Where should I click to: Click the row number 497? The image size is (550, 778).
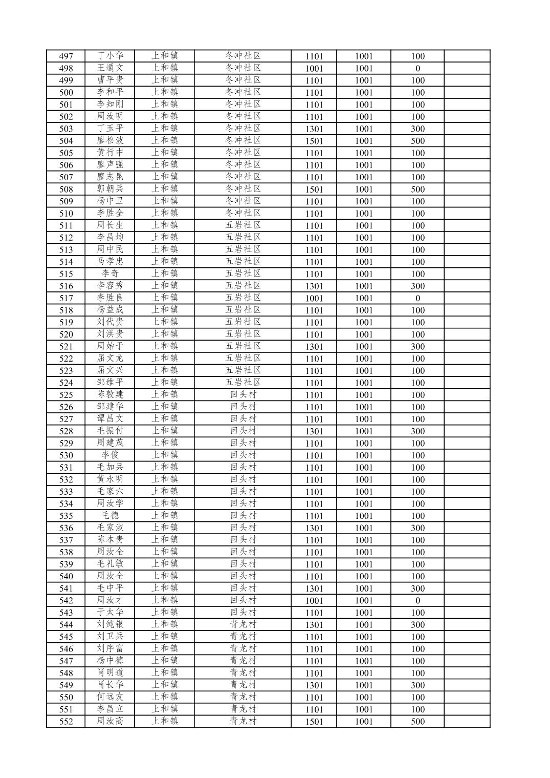66,56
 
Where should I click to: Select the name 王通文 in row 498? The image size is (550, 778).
110,68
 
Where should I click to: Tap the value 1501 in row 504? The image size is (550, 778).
314,141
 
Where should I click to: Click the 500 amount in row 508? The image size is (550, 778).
417,189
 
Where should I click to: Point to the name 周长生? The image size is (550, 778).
110,225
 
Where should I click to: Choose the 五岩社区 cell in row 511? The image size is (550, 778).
243,225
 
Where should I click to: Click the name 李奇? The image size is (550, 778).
110,274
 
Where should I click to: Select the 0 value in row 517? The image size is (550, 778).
417,298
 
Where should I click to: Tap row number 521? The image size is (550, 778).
66,347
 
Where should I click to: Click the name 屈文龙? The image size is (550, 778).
110,359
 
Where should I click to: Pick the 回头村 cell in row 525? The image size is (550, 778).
243,395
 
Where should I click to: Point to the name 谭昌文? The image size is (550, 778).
110,419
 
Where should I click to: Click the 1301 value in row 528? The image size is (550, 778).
314,431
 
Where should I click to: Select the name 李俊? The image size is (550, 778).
110,455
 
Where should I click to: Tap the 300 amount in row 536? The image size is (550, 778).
417,528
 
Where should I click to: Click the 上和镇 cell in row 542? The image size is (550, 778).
164,600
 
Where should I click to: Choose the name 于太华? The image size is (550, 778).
110,613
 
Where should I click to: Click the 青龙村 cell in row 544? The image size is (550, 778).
243,625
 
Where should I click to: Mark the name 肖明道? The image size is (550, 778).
110,673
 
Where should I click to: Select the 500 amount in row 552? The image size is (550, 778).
417,722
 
